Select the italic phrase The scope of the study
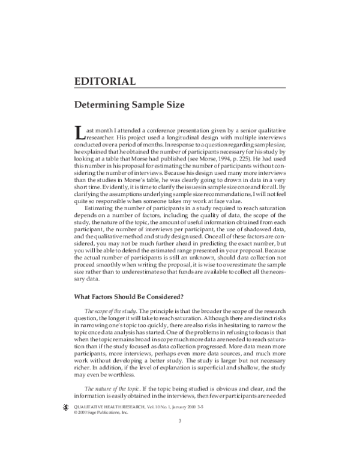107,310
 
